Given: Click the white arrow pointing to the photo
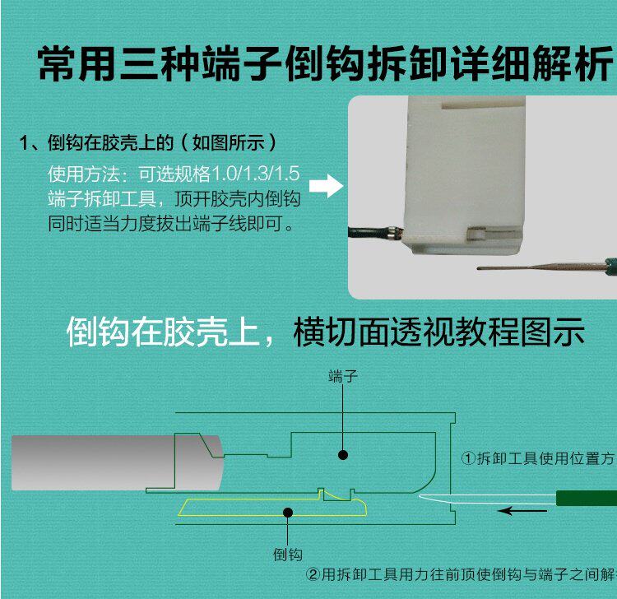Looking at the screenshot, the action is coord(329,186).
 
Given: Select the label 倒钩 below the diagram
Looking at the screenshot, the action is coord(287,555).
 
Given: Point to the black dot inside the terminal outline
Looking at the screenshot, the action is coord(343,454).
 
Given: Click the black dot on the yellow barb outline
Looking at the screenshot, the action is coord(287,513).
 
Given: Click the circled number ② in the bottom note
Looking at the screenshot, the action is coord(313,575).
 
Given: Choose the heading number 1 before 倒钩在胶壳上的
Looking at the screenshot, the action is coord(25,142).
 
